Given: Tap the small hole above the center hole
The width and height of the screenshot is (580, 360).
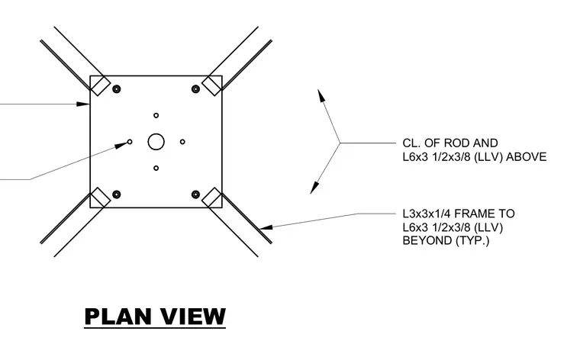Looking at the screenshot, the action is pyautogui.click(x=156, y=115).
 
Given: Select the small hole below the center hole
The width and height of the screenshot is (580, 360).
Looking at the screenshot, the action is pyautogui.click(x=156, y=168).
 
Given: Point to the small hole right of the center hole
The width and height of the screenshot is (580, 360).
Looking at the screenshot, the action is pyautogui.click(x=182, y=142).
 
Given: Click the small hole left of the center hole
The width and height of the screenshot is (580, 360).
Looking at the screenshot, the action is pyautogui.click(x=130, y=142).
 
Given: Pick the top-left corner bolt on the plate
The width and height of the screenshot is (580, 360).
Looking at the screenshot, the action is pyautogui.click(x=117, y=88).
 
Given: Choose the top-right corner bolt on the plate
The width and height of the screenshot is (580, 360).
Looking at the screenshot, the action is pyautogui.click(x=195, y=88).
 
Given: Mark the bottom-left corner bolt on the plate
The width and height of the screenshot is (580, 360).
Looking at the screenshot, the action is pyautogui.click(x=117, y=194).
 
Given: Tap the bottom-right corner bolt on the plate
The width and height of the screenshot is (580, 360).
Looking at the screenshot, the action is pyautogui.click(x=195, y=194).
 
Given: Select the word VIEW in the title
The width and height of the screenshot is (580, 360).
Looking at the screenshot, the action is pyautogui.click(x=193, y=317).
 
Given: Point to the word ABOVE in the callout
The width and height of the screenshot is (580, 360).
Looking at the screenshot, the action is pyautogui.click(x=526, y=157).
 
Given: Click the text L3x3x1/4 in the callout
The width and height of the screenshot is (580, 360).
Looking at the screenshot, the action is pyautogui.click(x=427, y=214).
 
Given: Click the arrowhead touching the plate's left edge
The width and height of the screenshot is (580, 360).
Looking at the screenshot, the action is pyautogui.click(x=83, y=104).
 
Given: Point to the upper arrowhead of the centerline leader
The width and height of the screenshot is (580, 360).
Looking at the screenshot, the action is pyautogui.click(x=321, y=95).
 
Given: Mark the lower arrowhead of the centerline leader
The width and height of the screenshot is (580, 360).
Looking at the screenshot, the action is pyautogui.click(x=314, y=188).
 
